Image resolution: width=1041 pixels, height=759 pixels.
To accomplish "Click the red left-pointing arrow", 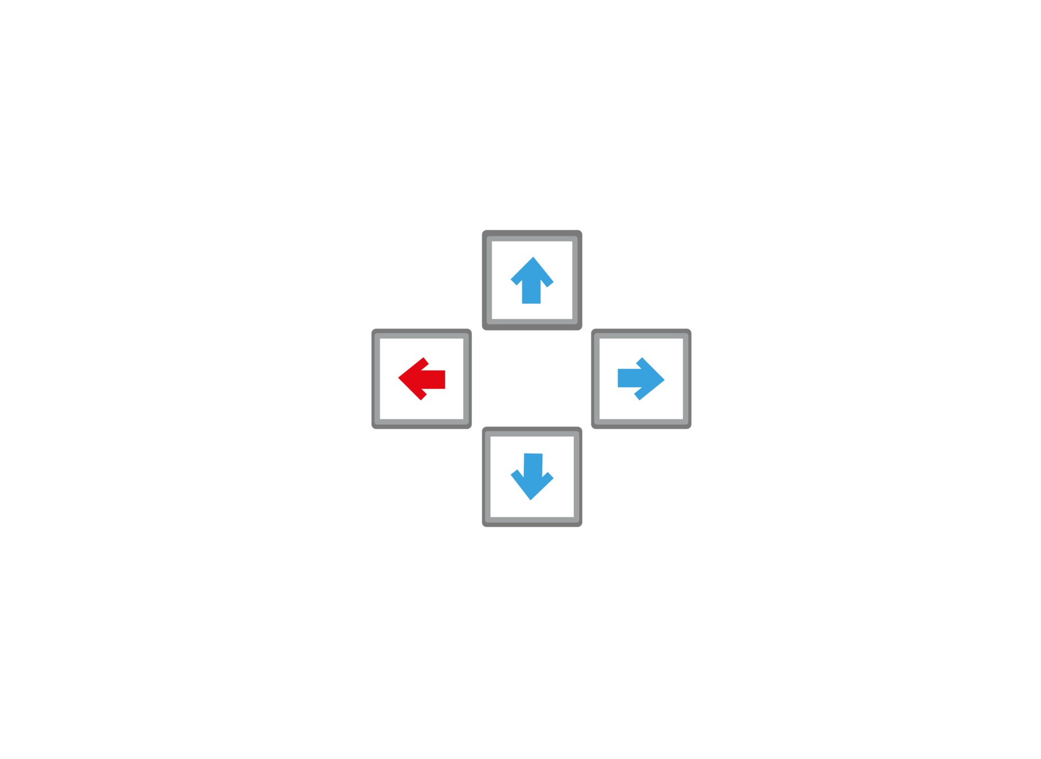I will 421,379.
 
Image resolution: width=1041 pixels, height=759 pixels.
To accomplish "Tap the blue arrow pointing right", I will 641,379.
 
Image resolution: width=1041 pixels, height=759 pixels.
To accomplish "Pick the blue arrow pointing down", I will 532,477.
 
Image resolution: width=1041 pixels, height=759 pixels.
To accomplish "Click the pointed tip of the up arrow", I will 532,259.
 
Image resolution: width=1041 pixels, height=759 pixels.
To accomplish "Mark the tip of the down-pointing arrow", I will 531,498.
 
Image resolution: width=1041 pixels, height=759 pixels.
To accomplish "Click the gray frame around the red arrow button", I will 375,379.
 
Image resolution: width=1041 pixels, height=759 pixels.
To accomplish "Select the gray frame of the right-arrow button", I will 687,379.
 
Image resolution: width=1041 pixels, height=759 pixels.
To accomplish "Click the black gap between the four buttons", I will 532,379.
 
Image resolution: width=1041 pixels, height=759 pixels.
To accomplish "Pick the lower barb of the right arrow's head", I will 640,395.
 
